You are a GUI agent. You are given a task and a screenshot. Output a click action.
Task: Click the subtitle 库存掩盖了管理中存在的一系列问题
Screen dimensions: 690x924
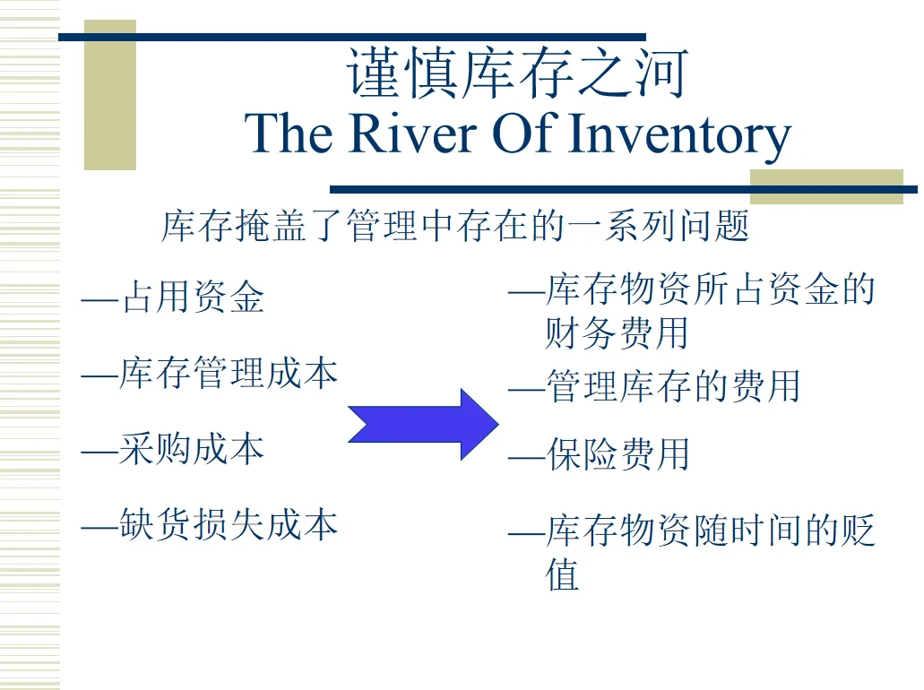(x=455, y=226)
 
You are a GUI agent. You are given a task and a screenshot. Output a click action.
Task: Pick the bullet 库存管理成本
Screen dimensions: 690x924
(x=228, y=373)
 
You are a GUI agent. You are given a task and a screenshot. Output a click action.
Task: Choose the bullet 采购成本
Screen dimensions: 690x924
(x=191, y=449)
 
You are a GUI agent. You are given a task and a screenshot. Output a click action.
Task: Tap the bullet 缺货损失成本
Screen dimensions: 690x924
(x=228, y=524)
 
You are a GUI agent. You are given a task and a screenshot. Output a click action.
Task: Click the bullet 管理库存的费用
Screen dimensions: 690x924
(x=672, y=387)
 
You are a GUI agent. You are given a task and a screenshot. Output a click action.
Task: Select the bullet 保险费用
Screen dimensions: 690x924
(x=617, y=455)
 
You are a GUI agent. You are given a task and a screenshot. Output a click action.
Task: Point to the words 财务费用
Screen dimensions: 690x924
(x=617, y=333)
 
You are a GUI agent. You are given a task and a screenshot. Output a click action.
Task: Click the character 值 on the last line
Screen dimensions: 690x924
(x=562, y=574)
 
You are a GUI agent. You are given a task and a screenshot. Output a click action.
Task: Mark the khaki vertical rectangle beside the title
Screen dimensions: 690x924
(x=110, y=95)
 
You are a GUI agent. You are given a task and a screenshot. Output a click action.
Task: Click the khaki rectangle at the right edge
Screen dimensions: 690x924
(x=826, y=186)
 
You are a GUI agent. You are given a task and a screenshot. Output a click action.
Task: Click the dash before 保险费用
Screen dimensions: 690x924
(x=525, y=457)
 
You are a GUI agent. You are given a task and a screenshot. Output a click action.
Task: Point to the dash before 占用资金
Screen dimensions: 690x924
(x=99, y=299)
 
